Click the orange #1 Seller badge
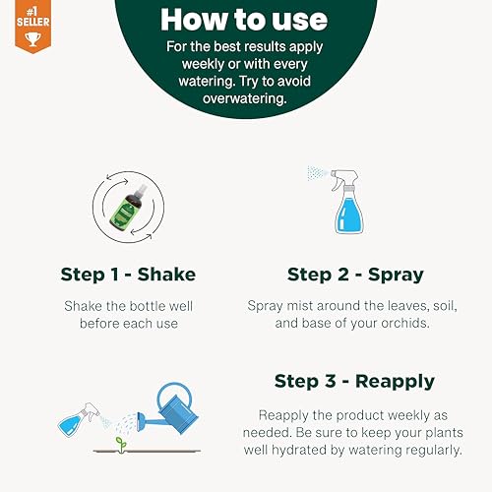click(17, 26)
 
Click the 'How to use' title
click(245, 20)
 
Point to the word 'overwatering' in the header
click(245, 98)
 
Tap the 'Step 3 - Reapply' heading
click(353, 381)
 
